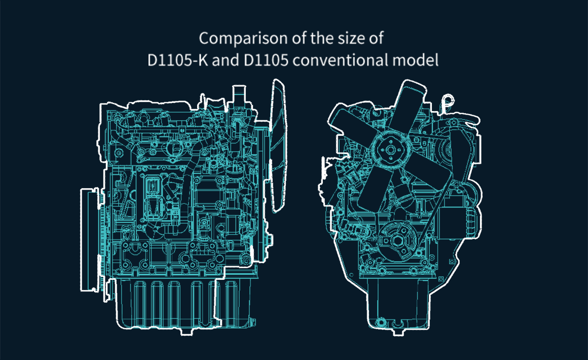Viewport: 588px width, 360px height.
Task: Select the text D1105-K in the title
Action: pyautogui.click(x=178, y=60)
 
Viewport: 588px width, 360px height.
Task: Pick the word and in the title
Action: pyautogui.click(x=226, y=60)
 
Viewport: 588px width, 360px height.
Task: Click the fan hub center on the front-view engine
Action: pyautogui.click(x=390, y=150)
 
